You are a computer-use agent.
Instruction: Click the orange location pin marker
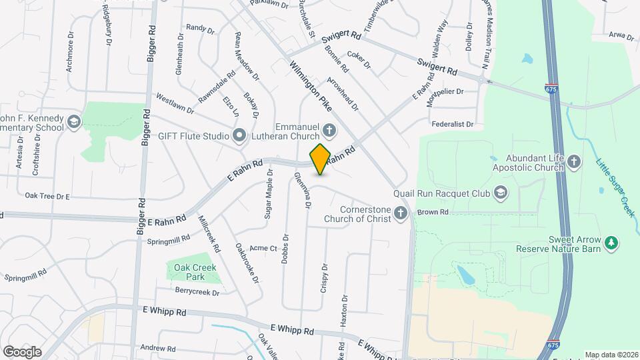click(x=321, y=159)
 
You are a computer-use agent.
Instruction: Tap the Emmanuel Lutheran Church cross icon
click(x=329, y=127)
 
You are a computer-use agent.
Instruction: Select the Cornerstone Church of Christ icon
click(x=400, y=213)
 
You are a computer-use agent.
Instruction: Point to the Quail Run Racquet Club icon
click(x=501, y=193)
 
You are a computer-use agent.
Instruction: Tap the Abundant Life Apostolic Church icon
click(x=575, y=161)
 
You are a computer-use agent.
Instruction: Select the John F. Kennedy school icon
click(x=73, y=122)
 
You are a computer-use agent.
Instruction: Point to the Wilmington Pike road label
click(x=311, y=87)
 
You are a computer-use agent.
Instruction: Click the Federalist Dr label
click(x=452, y=124)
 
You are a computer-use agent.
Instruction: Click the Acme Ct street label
click(x=263, y=248)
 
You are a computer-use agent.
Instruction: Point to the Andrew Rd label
click(x=157, y=348)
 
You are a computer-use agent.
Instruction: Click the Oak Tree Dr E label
click(x=47, y=197)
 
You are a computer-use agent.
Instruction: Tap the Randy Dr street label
click(x=200, y=29)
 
